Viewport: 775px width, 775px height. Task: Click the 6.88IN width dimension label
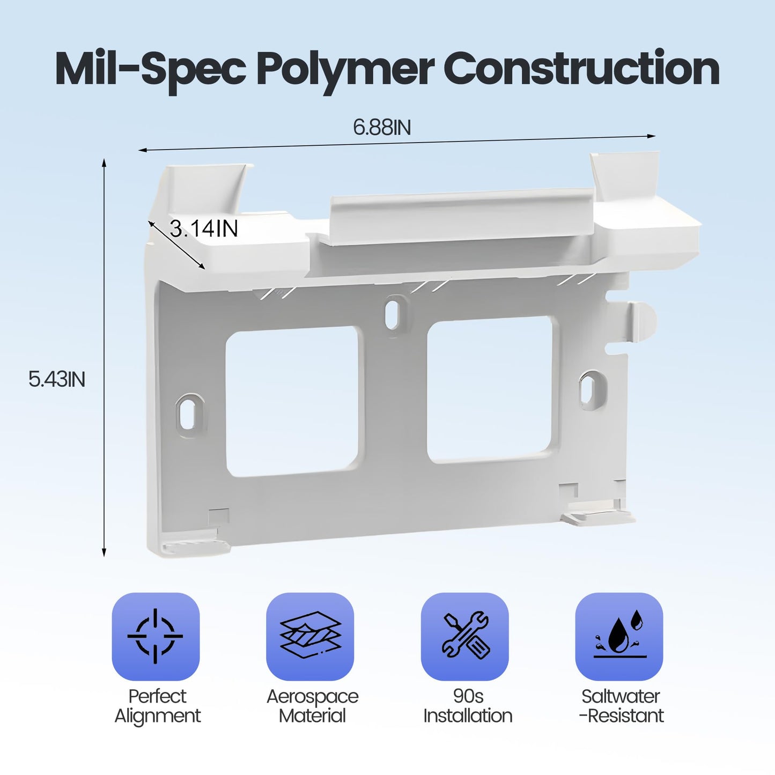pyautogui.click(x=382, y=127)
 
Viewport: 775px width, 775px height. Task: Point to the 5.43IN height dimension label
pyautogui.click(x=57, y=379)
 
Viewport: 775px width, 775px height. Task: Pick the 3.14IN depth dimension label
pyautogui.click(x=203, y=228)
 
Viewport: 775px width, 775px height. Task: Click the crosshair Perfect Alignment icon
pyautogui.click(x=156, y=637)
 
